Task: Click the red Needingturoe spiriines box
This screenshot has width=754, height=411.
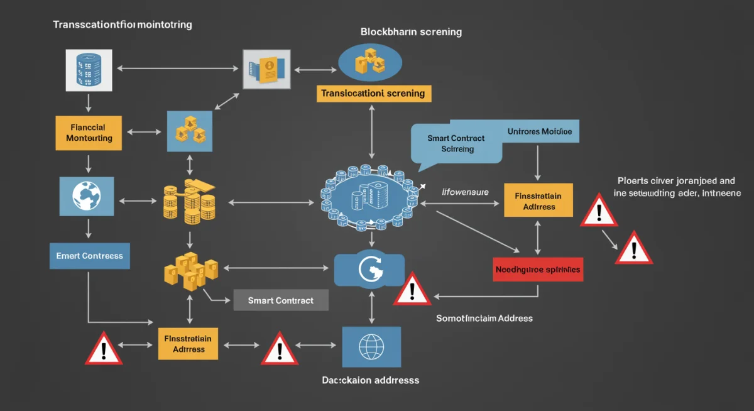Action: click(x=538, y=268)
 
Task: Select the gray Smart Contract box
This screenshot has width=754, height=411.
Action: click(x=281, y=300)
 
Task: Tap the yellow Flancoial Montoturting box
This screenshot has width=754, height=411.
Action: click(x=89, y=133)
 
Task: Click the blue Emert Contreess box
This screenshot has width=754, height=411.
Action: click(x=89, y=256)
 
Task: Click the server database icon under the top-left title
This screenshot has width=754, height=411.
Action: click(x=89, y=69)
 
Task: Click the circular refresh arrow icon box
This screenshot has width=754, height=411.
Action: click(x=369, y=270)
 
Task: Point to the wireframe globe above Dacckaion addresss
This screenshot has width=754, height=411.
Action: click(x=371, y=346)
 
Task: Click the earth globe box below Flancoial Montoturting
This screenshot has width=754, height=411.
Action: click(x=87, y=195)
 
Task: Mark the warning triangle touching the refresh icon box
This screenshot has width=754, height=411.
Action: click(x=412, y=290)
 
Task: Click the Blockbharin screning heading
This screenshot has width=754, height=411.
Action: click(x=411, y=31)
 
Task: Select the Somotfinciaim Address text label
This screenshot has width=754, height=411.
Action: click(x=484, y=319)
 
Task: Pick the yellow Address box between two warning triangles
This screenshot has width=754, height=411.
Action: click(x=188, y=343)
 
